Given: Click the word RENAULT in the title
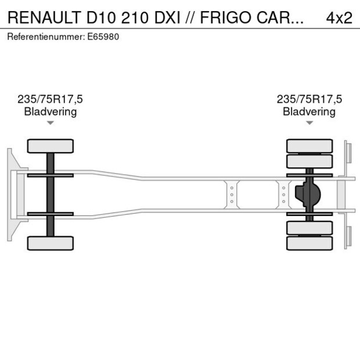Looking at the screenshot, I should click(x=44, y=17).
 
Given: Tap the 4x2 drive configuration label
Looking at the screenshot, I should click(x=339, y=17).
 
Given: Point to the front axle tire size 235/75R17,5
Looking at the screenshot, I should click(x=51, y=99).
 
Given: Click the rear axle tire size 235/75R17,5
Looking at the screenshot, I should click(x=309, y=99).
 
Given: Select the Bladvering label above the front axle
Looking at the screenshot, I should click(x=51, y=111).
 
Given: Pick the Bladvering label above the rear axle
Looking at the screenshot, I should click(x=309, y=111).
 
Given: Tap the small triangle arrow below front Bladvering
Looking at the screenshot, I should click(x=51, y=123).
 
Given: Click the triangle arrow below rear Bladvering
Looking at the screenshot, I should click(x=309, y=123).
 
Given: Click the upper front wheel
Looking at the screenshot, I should click(x=51, y=146).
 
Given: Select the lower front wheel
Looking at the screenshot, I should click(x=51, y=243).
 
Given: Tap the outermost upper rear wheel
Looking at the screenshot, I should click(x=309, y=146).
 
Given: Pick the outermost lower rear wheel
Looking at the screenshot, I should click(x=309, y=243).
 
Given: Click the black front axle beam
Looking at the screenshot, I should click(x=51, y=194).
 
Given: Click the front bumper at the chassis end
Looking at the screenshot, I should click(x=11, y=194).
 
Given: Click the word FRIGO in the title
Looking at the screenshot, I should click(x=222, y=17).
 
